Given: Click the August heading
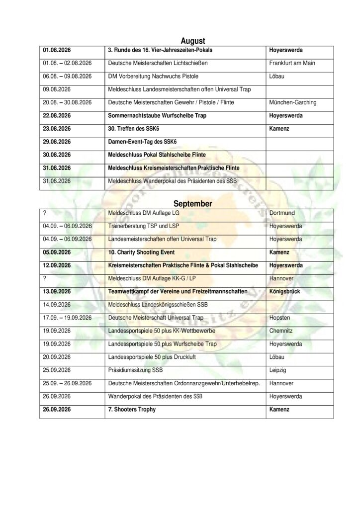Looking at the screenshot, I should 193,41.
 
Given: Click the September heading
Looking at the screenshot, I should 193,204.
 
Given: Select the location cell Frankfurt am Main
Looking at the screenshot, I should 292,64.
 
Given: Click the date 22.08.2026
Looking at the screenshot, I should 57,115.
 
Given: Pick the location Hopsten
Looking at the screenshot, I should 280,317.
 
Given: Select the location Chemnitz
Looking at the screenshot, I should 282,330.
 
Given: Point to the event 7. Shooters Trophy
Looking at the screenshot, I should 132,410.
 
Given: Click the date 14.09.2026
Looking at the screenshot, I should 57,304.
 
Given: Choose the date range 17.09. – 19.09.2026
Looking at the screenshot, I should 68,317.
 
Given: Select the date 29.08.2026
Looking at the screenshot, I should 57,141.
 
